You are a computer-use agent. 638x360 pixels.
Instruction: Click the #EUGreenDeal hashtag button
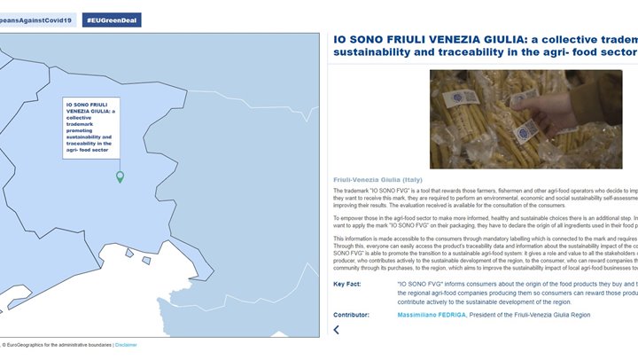[x=111, y=20]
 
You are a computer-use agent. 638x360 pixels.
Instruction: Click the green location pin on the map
[x=120, y=177]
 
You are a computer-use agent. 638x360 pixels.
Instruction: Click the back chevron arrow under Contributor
[x=337, y=330]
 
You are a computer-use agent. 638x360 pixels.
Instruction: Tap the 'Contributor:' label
[x=352, y=314]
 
